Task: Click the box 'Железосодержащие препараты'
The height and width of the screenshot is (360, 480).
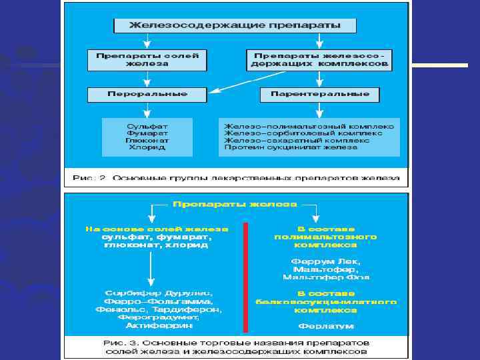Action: [x=235, y=26]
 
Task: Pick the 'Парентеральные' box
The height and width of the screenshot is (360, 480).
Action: [x=320, y=94]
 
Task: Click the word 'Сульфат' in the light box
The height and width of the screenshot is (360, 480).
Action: [x=147, y=125]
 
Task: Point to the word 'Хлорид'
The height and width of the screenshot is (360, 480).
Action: [x=147, y=147]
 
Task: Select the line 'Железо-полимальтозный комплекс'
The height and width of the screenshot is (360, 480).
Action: [x=309, y=125]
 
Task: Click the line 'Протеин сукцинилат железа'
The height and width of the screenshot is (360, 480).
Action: [x=291, y=147]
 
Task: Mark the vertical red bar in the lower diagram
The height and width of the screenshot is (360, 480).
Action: [x=245, y=277]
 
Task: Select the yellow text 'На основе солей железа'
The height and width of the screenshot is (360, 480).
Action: [x=157, y=229]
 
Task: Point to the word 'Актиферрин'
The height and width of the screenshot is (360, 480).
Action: [x=158, y=326]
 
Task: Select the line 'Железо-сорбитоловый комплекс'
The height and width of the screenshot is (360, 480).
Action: [x=303, y=133]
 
